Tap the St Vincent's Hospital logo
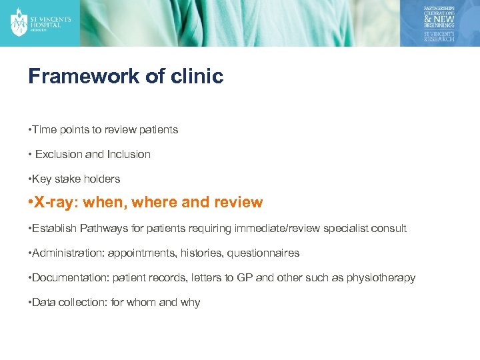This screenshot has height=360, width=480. click(40, 22)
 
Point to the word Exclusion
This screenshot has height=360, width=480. click(59, 154)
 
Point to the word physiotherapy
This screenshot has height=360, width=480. click(381, 277)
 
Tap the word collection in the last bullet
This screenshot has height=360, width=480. click(83, 302)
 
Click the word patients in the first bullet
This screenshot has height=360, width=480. click(159, 129)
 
